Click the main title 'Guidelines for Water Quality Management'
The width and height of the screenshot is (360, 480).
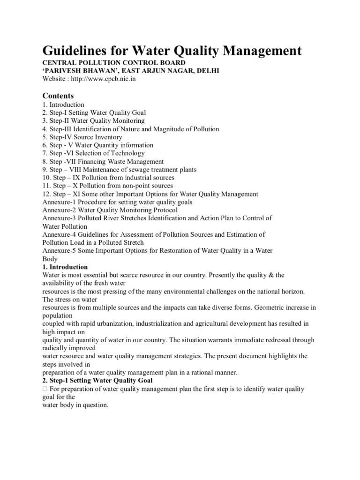[x=172, y=50]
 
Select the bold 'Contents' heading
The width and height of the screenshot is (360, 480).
[x=58, y=96]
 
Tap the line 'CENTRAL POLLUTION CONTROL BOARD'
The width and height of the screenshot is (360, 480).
[x=114, y=63]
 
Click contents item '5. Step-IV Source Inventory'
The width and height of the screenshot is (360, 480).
[x=82, y=137]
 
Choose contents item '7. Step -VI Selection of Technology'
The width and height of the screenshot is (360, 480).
[x=93, y=153]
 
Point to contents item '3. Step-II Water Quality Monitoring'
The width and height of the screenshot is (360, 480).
[x=93, y=120]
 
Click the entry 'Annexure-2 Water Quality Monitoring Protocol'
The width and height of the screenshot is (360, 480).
[x=110, y=210]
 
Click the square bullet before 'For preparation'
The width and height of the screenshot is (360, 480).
[x=45, y=390]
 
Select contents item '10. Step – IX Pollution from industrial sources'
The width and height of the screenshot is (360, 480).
[x=108, y=178]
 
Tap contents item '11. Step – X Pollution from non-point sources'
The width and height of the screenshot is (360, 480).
[x=107, y=186]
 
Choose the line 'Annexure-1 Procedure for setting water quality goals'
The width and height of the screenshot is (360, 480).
[x=117, y=202]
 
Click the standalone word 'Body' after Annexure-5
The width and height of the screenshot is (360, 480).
[x=50, y=259]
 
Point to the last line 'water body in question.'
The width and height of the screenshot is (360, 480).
[x=75, y=405]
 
